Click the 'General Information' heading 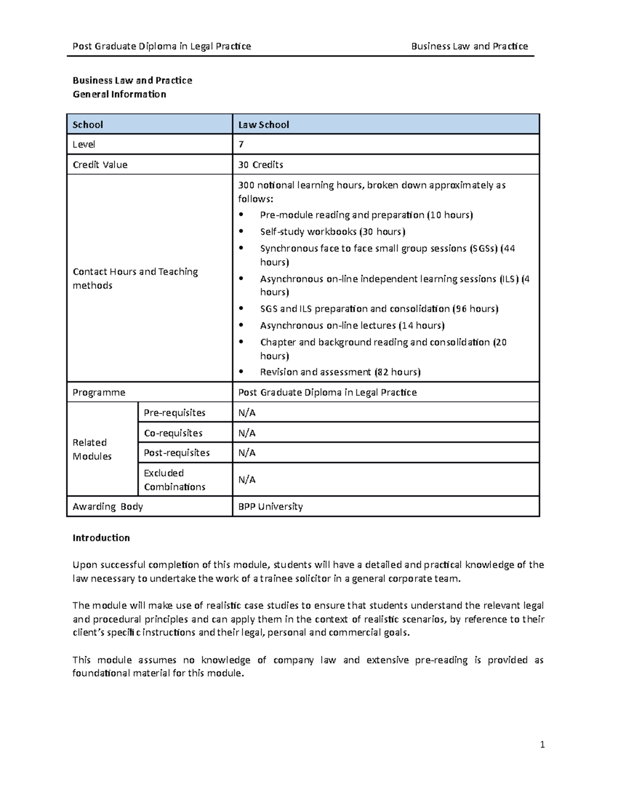tap(119, 94)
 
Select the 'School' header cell tap(88, 125)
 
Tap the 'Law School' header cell tap(263, 125)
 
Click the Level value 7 tap(241, 145)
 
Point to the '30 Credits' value tap(261, 165)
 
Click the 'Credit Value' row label tap(100, 165)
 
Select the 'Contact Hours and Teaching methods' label tap(135, 279)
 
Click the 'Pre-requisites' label tap(175, 413)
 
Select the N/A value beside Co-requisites tap(247, 433)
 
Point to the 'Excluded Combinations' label tap(175, 480)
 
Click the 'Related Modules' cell tap(92, 449)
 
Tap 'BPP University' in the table tap(270, 506)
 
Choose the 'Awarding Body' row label tap(108, 506)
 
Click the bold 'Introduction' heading tap(101, 538)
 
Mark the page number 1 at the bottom tap(542, 744)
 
